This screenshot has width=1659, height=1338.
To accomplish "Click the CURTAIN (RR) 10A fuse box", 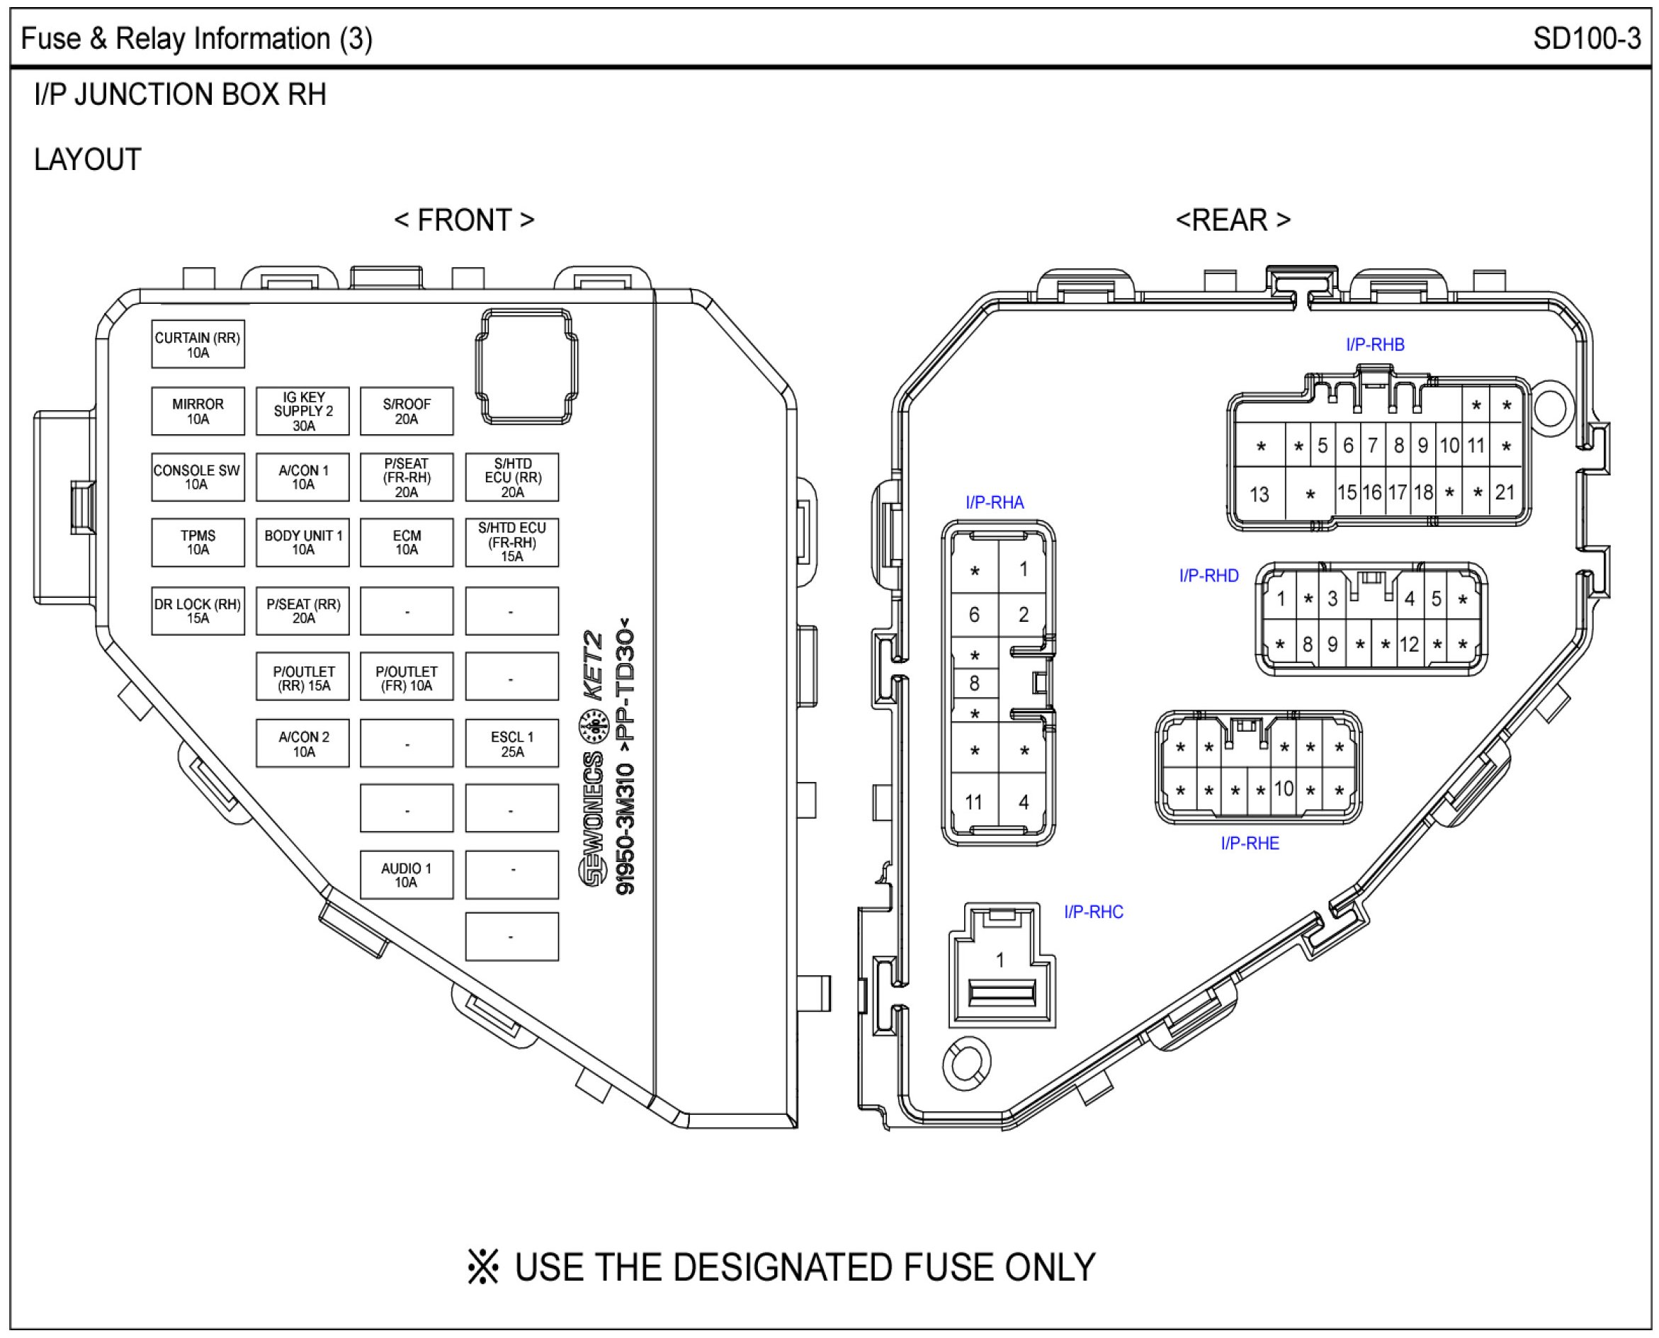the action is click(198, 344).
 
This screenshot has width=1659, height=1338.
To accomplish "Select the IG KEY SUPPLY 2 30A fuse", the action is click(302, 411).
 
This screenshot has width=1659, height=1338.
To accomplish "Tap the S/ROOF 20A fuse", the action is click(407, 411).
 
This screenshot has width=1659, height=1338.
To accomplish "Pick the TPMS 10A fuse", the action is click(198, 543).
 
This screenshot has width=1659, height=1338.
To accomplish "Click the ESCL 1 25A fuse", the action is click(512, 744).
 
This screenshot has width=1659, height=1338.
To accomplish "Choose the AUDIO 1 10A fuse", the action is click(407, 875).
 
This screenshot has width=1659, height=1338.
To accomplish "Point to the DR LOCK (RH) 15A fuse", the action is click(198, 611).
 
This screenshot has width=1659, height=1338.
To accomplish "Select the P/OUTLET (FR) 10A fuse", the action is click(407, 677).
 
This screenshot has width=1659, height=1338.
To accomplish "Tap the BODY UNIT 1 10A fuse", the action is click(302, 543).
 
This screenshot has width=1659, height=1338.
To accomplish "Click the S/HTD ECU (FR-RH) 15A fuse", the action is click(512, 543).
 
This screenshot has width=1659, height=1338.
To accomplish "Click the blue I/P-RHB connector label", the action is click(1374, 345).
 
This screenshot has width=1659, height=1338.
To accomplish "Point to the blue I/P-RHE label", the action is click(1250, 843).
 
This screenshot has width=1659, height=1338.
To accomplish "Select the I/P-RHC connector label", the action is click(1093, 912).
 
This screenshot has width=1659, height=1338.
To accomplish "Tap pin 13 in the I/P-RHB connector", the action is click(1259, 494).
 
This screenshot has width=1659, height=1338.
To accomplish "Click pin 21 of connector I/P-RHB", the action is click(1504, 492).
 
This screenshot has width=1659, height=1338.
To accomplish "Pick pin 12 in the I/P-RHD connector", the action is click(1409, 645).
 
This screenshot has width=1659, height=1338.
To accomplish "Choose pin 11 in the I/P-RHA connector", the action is click(974, 803).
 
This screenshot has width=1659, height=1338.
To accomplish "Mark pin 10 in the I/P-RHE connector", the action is click(1284, 789).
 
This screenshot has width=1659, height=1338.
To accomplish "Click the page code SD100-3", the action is click(1587, 38).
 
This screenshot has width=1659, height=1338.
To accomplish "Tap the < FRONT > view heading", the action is click(464, 220).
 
